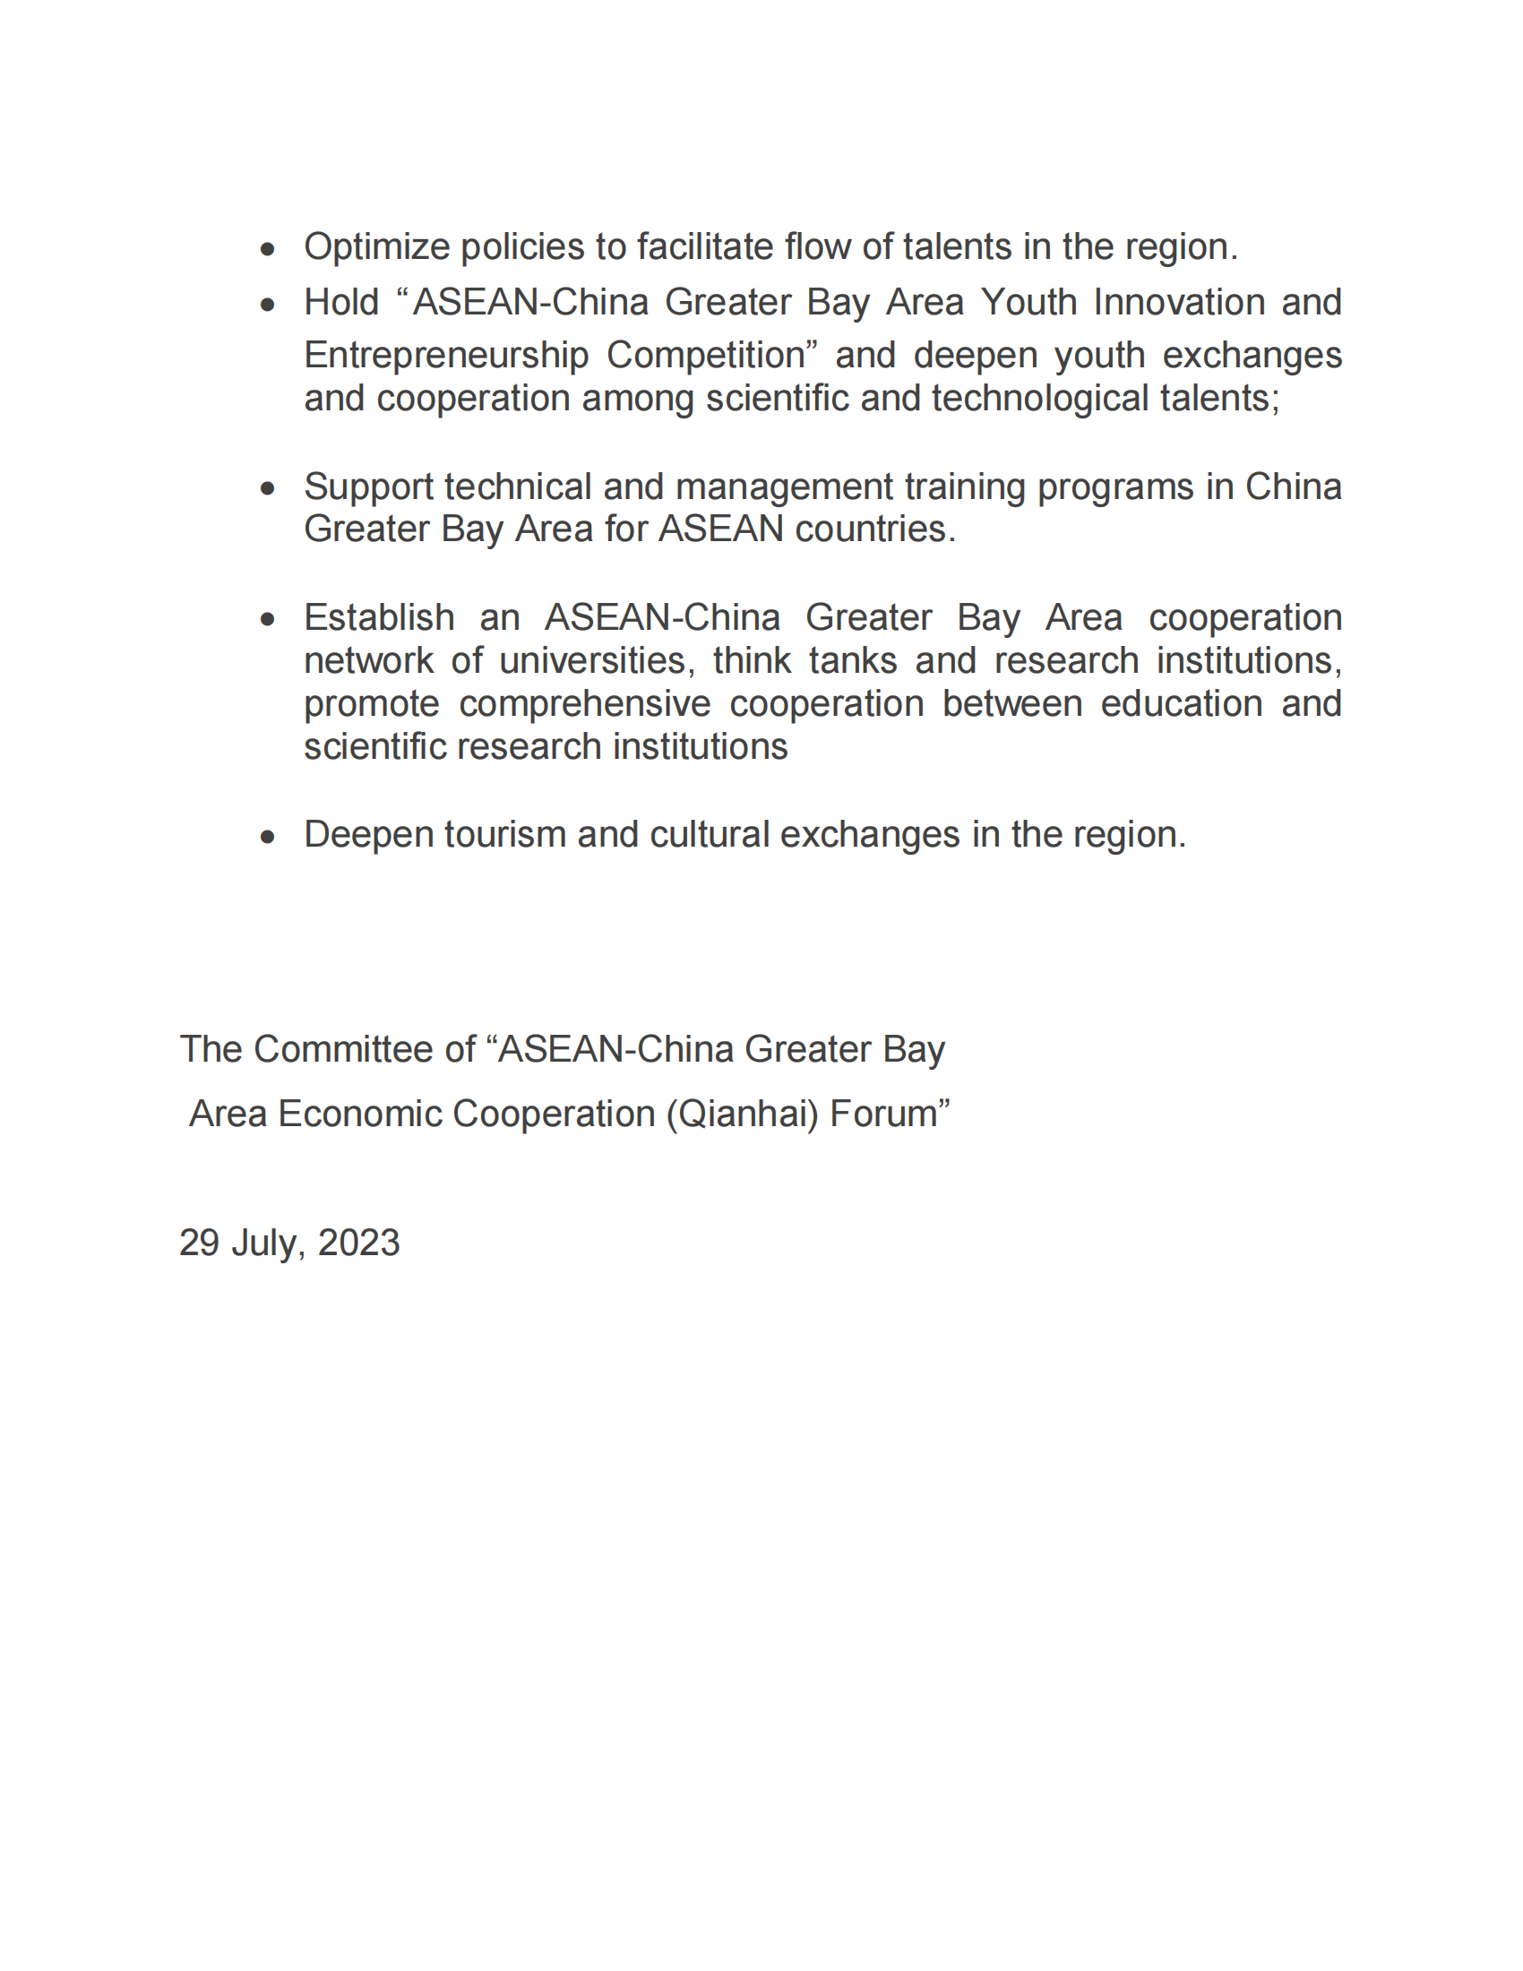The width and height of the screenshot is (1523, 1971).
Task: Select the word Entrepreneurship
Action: [x=446, y=356]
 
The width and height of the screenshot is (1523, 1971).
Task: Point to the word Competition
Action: [x=706, y=356]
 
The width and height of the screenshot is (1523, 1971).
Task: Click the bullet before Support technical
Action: [x=267, y=489]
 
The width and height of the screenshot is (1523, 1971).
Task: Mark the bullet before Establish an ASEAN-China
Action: [x=267, y=619]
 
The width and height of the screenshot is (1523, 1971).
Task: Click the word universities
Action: [x=597, y=660]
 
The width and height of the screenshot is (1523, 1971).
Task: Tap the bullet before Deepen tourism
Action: [x=267, y=838]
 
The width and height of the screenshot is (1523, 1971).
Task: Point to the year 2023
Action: [x=359, y=1244]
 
